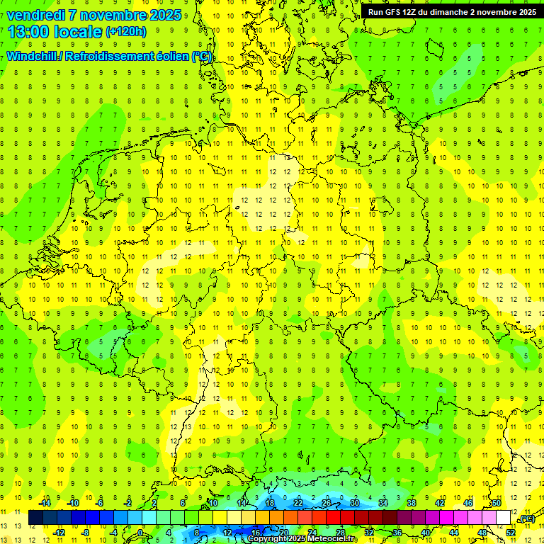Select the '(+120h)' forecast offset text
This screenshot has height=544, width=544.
click(x=126, y=32)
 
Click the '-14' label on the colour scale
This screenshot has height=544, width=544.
click(x=45, y=504)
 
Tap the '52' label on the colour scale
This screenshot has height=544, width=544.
click(x=511, y=532)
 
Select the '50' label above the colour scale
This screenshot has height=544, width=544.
click(x=497, y=504)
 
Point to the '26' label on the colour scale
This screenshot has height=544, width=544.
click(x=327, y=504)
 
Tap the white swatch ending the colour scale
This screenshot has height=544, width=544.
click(x=503, y=518)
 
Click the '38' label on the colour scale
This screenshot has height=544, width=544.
click(x=412, y=504)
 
